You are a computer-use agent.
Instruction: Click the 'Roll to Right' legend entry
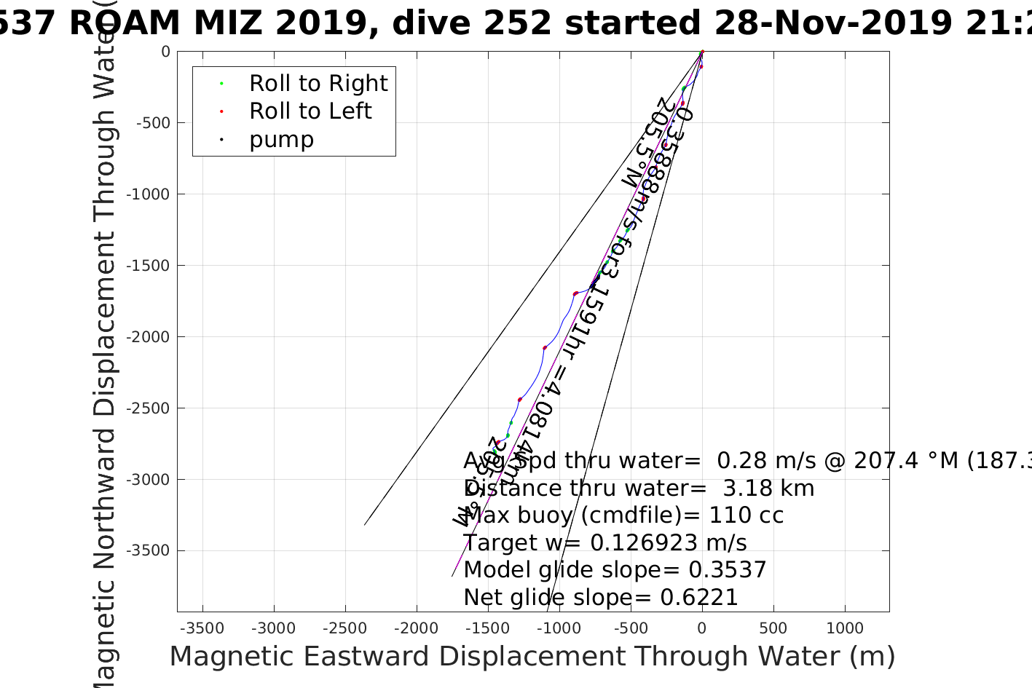click(x=318, y=84)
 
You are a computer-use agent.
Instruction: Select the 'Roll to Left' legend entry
click(x=310, y=111)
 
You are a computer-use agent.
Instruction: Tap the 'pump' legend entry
click(x=281, y=140)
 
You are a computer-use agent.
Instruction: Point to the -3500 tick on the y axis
click(x=148, y=551)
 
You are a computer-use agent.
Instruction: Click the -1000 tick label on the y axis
click(x=148, y=194)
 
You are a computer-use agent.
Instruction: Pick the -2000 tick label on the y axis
click(x=148, y=337)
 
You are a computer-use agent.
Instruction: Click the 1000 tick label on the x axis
click(x=845, y=628)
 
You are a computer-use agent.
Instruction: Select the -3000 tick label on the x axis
click(x=273, y=628)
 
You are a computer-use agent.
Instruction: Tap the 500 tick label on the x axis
click(x=773, y=628)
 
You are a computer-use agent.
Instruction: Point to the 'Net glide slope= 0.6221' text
click(x=601, y=598)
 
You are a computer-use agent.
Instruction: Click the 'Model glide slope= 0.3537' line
click(x=615, y=570)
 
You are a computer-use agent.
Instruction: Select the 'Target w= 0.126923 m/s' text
click(x=605, y=543)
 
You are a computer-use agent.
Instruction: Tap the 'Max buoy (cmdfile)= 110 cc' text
click(x=623, y=515)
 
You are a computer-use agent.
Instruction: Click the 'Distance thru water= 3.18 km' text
click(x=639, y=489)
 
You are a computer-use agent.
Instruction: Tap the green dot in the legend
click(x=221, y=84)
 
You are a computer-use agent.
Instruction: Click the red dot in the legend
click(x=221, y=112)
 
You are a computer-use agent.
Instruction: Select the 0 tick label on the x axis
click(x=702, y=628)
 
